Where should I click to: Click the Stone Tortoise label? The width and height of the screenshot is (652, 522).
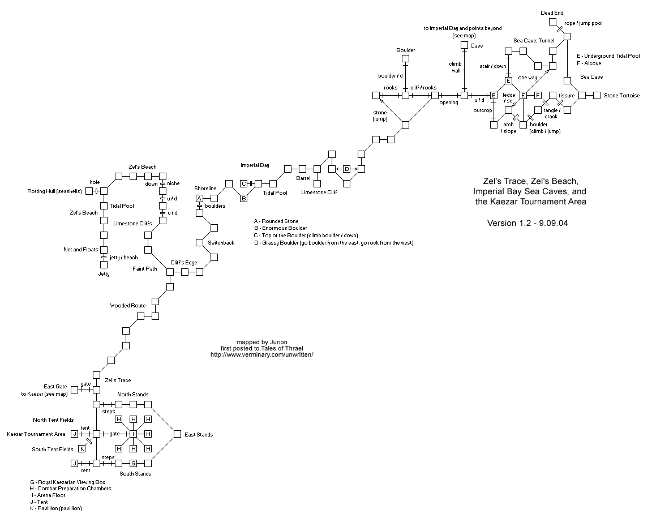click(621, 96)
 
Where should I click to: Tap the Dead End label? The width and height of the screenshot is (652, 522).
click(552, 12)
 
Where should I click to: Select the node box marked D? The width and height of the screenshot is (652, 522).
click(346, 169)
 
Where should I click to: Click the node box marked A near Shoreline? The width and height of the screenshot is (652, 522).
click(199, 198)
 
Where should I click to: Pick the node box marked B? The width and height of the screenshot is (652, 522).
click(243, 198)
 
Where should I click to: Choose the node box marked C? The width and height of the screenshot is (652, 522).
click(243, 183)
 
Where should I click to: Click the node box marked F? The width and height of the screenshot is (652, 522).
click(538, 95)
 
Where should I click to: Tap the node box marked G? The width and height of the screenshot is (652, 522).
click(134, 463)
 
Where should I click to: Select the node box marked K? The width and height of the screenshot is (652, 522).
click(81, 448)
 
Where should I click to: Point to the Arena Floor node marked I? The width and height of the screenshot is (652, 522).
click(134, 434)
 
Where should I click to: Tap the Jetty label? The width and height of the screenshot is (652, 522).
click(104, 274)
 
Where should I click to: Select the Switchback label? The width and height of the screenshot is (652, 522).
click(221, 242)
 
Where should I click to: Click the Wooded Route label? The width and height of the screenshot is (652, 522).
click(128, 306)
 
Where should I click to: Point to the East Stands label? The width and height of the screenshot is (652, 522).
click(199, 434)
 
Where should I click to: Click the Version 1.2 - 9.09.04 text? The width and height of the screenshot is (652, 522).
click(527, 223)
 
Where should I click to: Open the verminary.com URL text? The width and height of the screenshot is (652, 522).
click(261, 355)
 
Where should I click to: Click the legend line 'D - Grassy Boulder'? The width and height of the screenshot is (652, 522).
click(333, 243)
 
